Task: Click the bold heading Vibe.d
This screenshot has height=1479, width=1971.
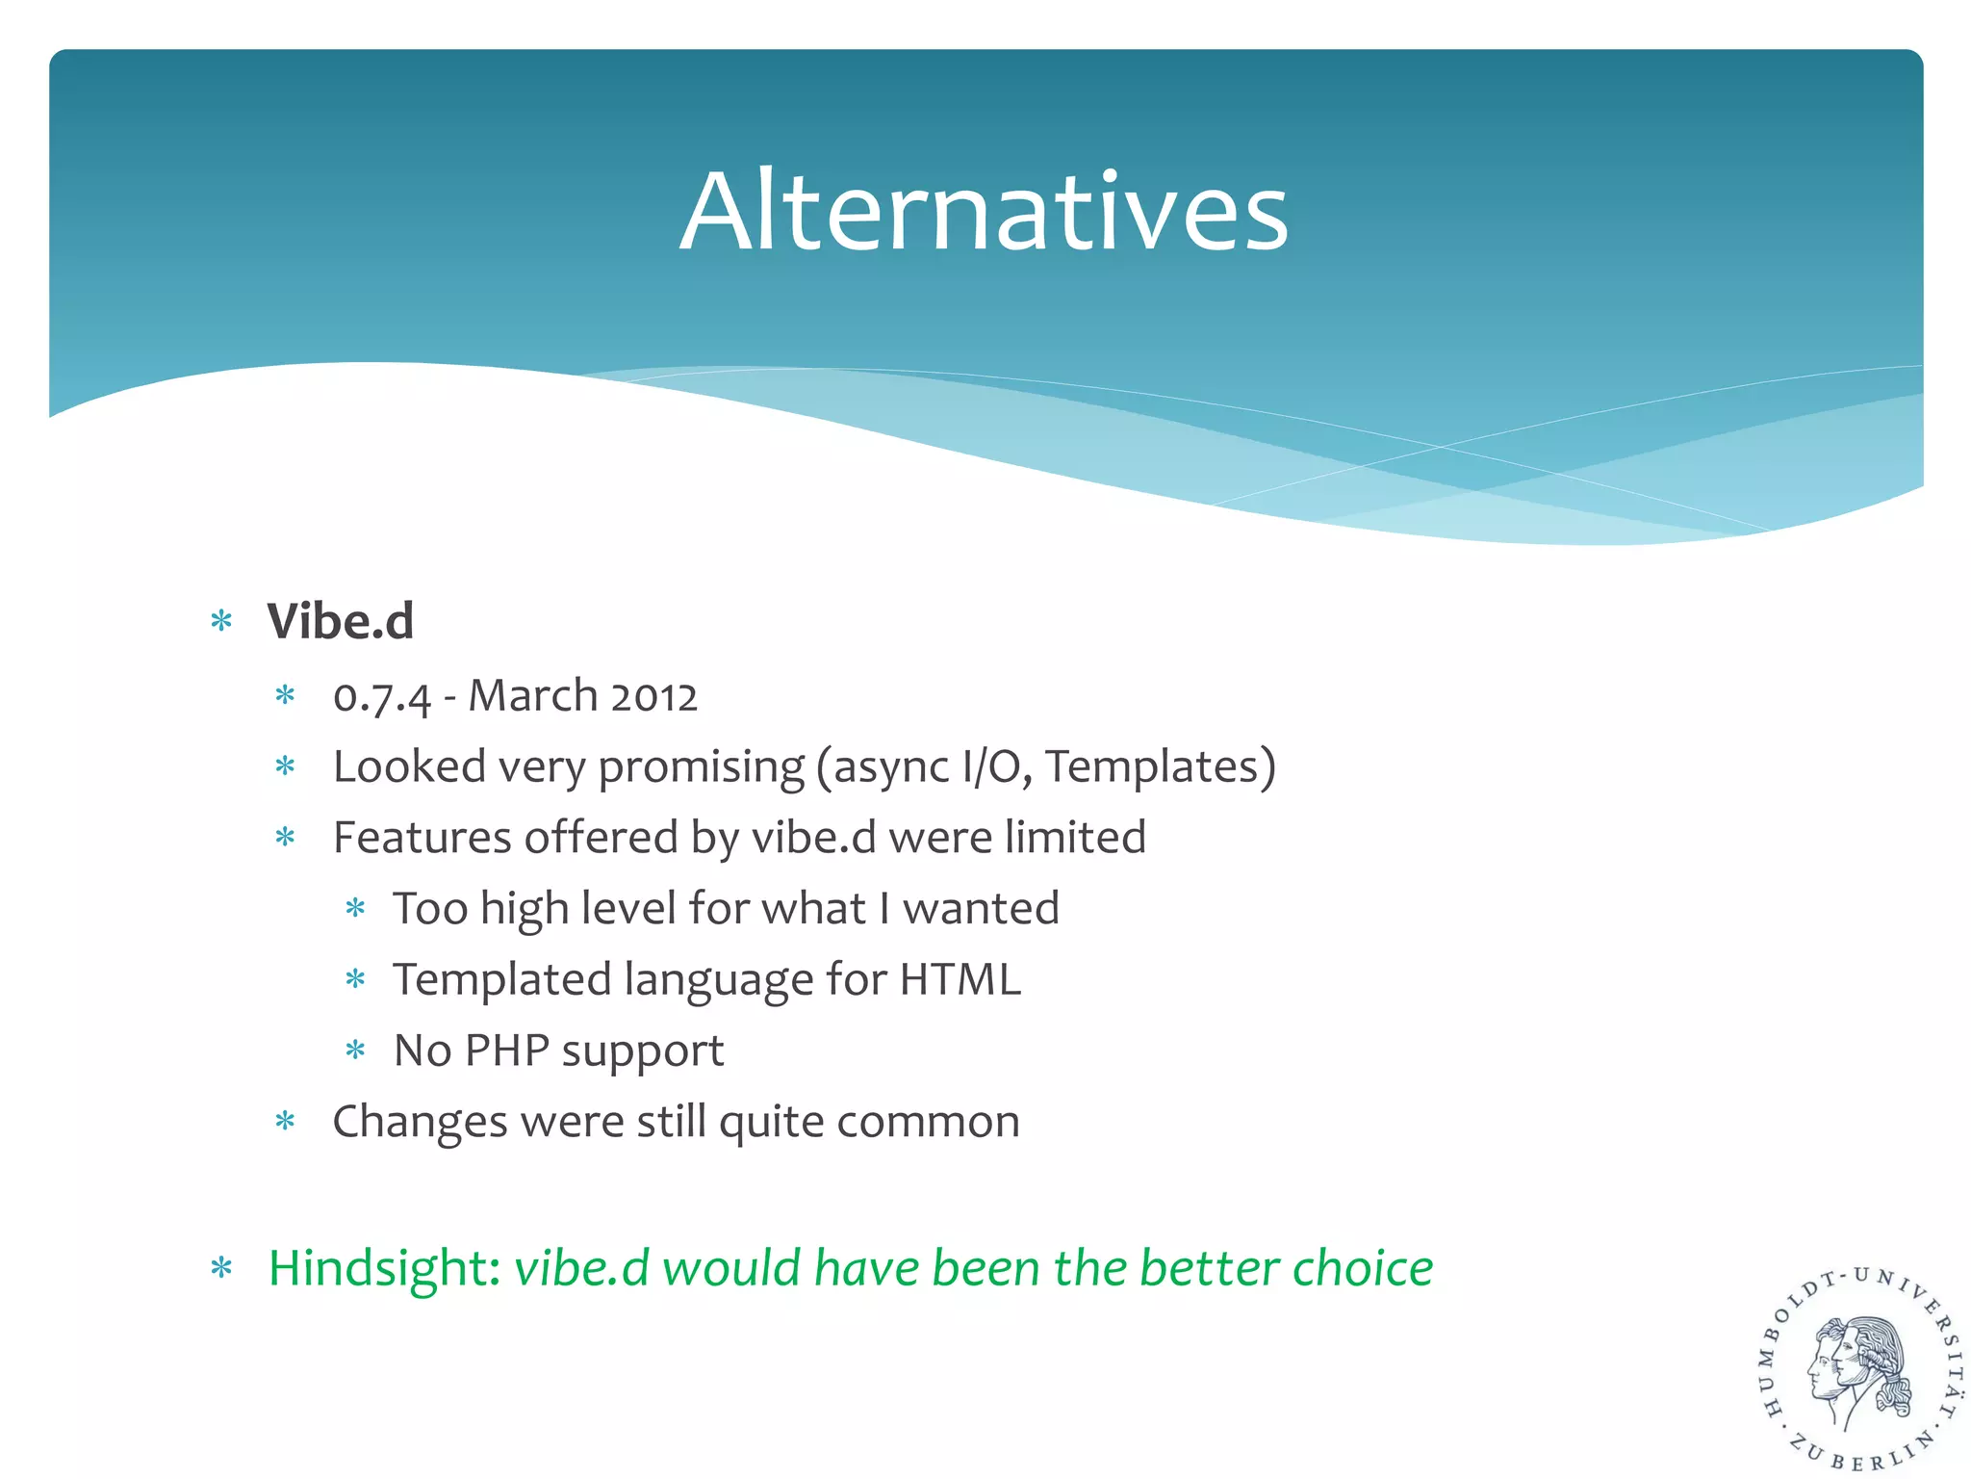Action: pyautogui.click(x=341, y=621)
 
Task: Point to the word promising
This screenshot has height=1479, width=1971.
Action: pyautogui.click(x=701, y=768)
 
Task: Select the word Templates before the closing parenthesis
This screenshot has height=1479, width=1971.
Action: pyautogui.click(x=1153, y=767)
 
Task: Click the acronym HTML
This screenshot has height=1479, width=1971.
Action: pyautogui.click(x=960, y=980)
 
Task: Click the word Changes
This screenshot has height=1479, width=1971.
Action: pyautogui.click(x=420, y=1123)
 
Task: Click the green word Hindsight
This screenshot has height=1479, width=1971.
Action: pyautogui.click(x=383, y=1269)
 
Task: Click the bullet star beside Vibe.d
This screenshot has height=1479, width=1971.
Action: pyautogui.click(x=221, y=622)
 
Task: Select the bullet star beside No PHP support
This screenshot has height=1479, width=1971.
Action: pyautogui.click(x=355, y=1051)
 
